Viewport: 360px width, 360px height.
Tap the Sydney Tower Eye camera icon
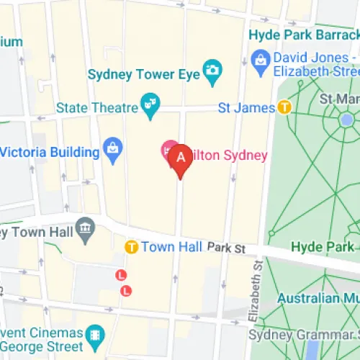click(x=212, y=69)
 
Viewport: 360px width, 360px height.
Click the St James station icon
click(x=285, y=108)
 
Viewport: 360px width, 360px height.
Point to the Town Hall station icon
click(x=132, y=247)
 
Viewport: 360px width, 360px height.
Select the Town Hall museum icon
click(x=86, y=229)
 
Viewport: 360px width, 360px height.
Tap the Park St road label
click(x=227, y=248)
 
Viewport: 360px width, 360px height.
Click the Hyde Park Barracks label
click(x=303, y=34)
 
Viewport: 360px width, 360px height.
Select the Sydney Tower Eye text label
click(x=143, y=73)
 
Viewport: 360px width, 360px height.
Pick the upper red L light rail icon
click(x=121, y=274)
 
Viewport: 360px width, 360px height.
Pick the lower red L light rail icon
click(x=127, y=290)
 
